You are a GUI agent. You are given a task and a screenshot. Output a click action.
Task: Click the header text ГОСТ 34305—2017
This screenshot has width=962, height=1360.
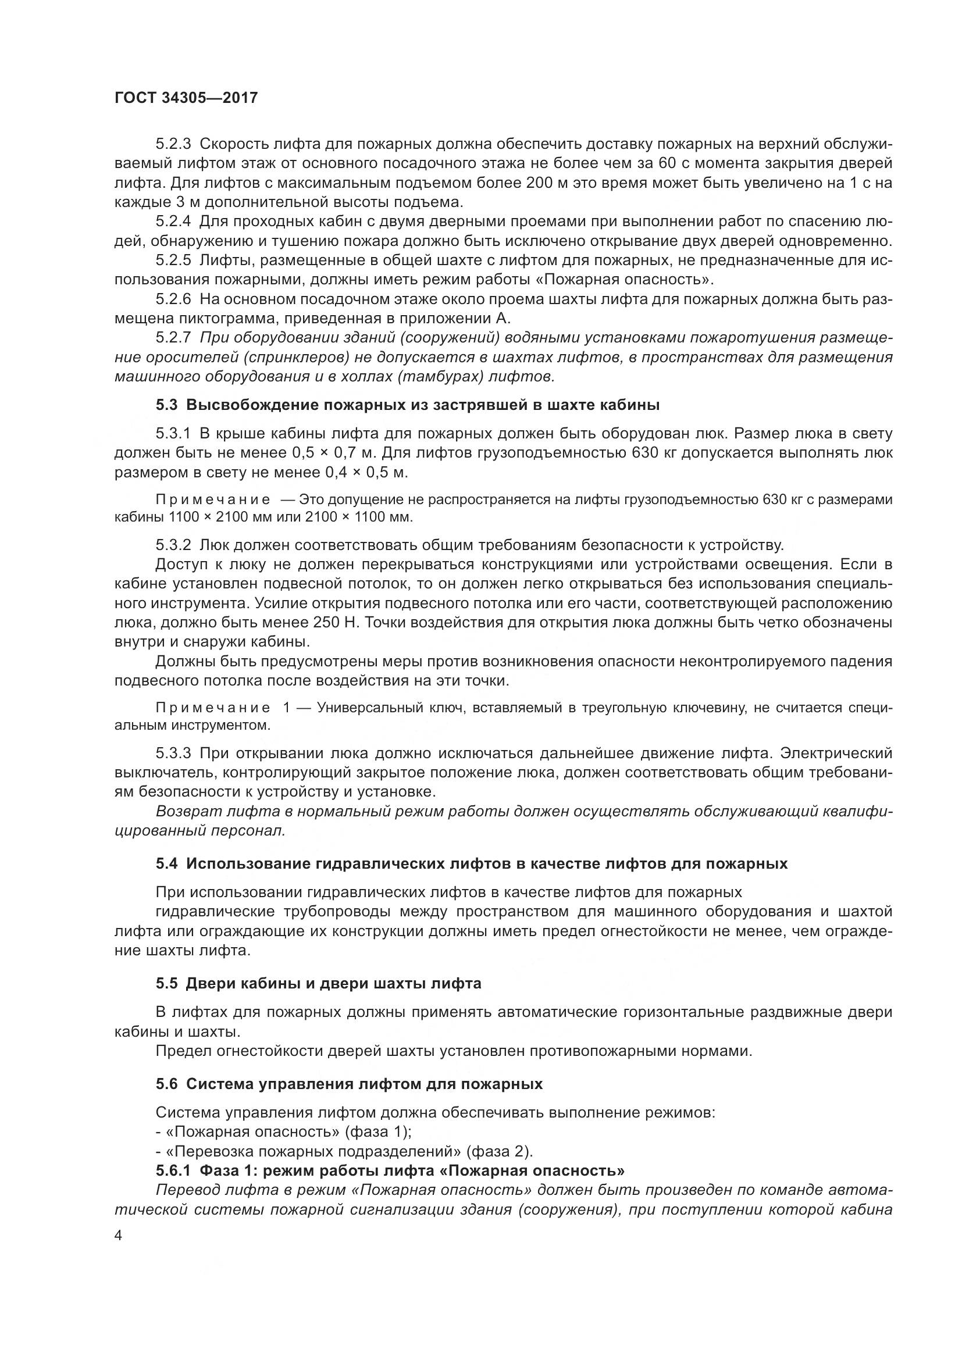tap(186, 98)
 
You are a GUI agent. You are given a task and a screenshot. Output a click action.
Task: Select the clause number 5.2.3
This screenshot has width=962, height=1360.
tap(173, 144)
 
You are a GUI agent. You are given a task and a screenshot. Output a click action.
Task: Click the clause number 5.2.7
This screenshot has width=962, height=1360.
tap(173, 338)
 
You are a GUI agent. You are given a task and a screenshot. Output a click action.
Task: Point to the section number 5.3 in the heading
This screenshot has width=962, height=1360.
tap(166, 405)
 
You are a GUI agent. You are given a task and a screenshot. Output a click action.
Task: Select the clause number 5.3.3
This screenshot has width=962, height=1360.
tap(173, 754)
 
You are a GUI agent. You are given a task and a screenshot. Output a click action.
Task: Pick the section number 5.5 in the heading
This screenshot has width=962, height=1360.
tap(166, 984)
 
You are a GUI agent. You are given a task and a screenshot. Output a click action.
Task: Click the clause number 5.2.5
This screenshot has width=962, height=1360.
tap(173, 260)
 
